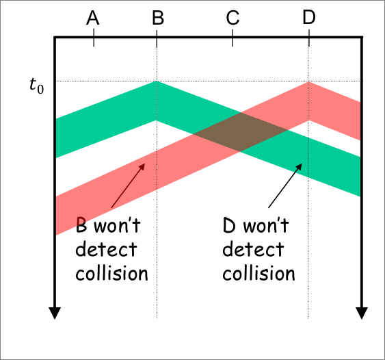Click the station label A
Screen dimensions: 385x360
93,18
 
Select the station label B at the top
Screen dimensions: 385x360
158,18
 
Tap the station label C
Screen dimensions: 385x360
233,18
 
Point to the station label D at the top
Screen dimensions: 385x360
309,18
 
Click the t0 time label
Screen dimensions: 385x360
36,86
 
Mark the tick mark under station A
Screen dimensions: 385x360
94,38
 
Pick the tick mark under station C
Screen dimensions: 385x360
233,38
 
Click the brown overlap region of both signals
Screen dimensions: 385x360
240,132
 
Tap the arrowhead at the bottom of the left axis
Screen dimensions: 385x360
55,313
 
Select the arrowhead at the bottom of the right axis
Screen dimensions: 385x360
362,313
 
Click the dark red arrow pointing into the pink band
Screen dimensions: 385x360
128,185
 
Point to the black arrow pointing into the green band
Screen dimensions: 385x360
285,185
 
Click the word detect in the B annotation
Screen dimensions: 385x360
106,249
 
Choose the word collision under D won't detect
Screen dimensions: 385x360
258,273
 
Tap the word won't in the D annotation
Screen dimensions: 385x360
266,225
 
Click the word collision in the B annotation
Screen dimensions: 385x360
111,273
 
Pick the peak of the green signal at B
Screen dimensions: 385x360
157,81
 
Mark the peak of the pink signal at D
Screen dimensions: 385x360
308,82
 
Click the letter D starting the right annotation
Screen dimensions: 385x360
229,225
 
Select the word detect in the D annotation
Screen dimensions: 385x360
253,249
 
